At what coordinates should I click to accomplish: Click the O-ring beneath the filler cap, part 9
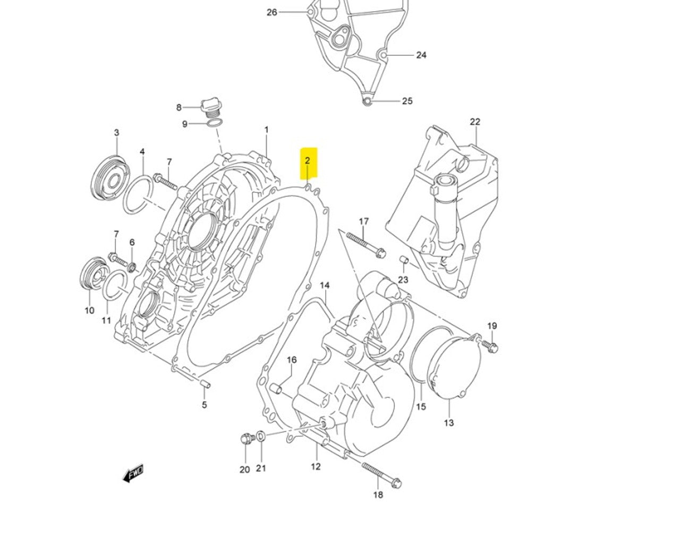tap(214, 124)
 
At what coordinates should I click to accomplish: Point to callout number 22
tap(474, 122)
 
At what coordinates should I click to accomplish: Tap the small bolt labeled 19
tap(491, 347)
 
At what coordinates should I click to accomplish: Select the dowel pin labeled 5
tap(205, 384)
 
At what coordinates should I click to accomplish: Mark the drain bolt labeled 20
tap(245, 439)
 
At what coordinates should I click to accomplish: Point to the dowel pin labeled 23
tap(403, 260)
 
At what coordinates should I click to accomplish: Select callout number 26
tap(272, 12)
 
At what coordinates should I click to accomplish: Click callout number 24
tap(421, 55)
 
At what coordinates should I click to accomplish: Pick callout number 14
tap(325, 285)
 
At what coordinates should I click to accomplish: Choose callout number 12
tap(316, 466)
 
